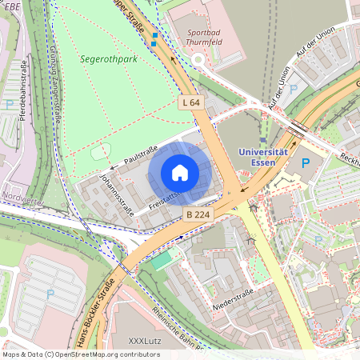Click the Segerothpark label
coord(109,59)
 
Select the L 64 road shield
coord(192,102)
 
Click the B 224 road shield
coord(197,214)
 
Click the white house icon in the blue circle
coord(180,173)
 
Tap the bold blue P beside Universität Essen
coord(305,163)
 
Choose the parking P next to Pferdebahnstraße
coord(9,104)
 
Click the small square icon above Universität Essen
coord(262,140)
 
